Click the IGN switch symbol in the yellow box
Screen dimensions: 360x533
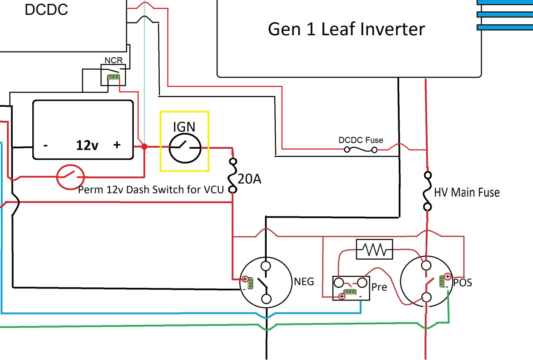[185, 147]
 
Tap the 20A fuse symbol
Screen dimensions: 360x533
[233, 176]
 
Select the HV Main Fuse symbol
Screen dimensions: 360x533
[428, 191]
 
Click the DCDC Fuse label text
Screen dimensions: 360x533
[361, 140]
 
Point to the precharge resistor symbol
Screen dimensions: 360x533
[374, 249]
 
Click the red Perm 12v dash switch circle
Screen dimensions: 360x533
[71, 177]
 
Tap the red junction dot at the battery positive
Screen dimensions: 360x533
[144, 147]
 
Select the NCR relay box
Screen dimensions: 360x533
[113, 75]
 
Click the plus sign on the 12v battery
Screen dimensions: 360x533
[117, 145]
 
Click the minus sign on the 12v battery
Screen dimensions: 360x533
[45, 145]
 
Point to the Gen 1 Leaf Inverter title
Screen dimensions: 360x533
[346, 29]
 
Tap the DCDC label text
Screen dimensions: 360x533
[46, 10]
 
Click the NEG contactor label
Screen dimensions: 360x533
[304, 281]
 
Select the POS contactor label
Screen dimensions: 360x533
[462, 282]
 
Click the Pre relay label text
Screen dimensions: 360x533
[379, 287]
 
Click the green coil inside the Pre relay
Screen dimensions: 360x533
[350, 292]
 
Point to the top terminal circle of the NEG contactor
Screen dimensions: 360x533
[266, 266]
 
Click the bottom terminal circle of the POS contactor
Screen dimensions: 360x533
[426, 297]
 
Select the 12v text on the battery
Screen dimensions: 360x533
[87, 145]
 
